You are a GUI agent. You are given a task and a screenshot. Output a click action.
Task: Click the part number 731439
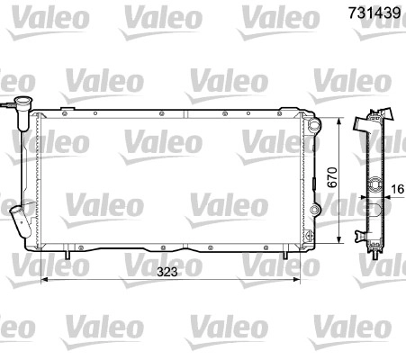(x=374, y=13)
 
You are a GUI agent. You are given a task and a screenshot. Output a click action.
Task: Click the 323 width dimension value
(x=167, y=272)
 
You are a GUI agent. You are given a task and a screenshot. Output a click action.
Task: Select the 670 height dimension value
(x=332, y=177)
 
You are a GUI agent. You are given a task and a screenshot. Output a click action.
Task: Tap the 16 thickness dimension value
(x=398, y=189)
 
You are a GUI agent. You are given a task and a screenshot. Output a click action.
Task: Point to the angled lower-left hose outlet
(x=20, y=220)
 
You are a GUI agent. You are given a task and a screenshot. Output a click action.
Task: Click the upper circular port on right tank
(x=314, y=125)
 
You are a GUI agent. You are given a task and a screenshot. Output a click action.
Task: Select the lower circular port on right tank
(x=314, y=210)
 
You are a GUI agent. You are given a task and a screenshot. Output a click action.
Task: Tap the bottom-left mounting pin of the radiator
(x=68, y=255)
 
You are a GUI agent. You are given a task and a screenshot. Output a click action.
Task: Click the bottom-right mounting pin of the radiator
(x=285, y=255)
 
